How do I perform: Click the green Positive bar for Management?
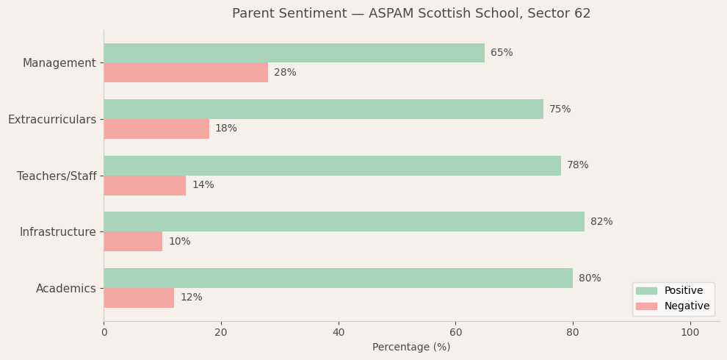pos(294,53)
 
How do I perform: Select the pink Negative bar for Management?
pos(186,73)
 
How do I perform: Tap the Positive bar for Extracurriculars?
pos(323,109)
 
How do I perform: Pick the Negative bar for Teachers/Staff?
pos(145,185)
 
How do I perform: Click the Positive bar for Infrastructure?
pos(344,222)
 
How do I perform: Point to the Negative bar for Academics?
pos(139,298)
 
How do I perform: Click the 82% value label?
pos(601,222)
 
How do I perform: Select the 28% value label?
pos(285,73)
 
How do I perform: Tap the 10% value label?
pos(179,242)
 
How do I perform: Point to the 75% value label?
pos(560,109)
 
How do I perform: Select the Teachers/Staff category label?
pos(57,176)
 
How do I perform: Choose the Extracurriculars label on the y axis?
pos(52,120)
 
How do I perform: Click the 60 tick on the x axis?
pos(455,333)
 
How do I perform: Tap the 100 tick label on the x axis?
pos(690,333)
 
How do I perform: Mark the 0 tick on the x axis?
pos(104,333)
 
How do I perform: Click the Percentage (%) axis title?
pos(411,348)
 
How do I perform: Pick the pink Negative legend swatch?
pos(646,306)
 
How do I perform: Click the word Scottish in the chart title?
pos(435,14)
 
